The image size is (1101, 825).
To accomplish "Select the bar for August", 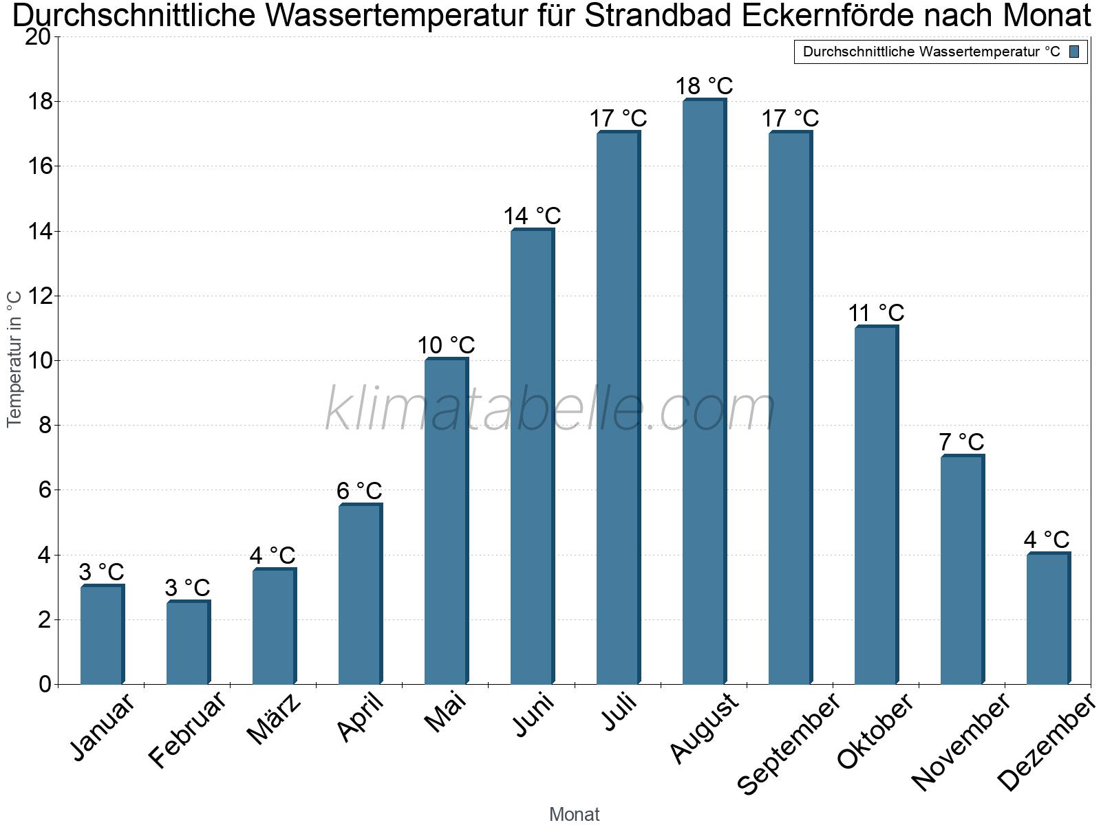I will pos(704,392).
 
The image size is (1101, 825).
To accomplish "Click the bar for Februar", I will pos(188,643).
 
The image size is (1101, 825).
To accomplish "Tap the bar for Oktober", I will pos(876,505).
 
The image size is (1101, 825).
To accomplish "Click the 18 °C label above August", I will pos(704,87).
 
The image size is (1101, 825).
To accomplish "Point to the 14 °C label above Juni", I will pos(532,217).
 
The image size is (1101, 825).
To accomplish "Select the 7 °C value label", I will pos(961,442).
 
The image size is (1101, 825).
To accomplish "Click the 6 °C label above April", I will pos(359,491).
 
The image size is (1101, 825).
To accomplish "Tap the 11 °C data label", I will pos(876,313).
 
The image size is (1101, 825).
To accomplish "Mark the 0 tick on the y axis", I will pos(45,684).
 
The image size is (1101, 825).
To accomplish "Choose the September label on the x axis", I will pos(789,743).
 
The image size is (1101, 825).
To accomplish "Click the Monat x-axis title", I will pos(575,815).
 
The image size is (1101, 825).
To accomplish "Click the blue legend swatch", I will pos(1074,52).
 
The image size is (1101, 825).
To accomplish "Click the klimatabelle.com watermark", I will pos(550,409).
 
